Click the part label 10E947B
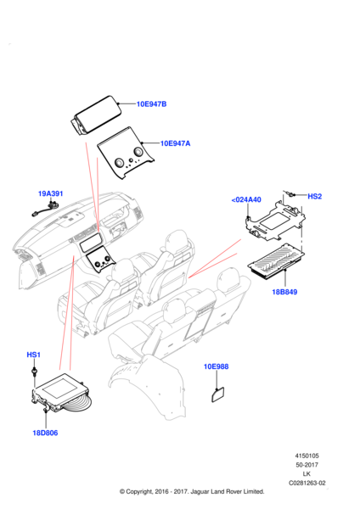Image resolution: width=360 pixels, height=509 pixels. pos(151,104)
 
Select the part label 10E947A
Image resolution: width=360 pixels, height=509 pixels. pos(176,143)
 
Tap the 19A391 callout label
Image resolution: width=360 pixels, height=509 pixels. pos(51,193)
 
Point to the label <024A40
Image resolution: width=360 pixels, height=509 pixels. pos(246,199)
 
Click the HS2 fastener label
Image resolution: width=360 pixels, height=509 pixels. pos(314,197)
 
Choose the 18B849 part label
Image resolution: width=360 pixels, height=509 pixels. pos(284,292)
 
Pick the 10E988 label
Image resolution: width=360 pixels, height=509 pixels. pos(216,366)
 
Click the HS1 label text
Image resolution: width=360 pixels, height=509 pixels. pos(33,355)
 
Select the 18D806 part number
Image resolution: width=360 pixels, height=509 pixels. pos(45,433)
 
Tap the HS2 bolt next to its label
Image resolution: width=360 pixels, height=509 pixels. pos(290,193)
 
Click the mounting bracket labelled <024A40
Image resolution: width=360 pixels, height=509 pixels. pos(276,221)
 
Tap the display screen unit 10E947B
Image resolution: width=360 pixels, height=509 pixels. pos(96,115)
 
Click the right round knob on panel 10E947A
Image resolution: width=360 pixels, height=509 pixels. pos(138,152)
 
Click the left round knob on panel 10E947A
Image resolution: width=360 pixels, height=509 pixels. pos(119,163)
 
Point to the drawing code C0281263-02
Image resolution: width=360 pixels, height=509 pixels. pos(307,483)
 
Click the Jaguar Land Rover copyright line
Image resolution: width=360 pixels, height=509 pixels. pos(192,491)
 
